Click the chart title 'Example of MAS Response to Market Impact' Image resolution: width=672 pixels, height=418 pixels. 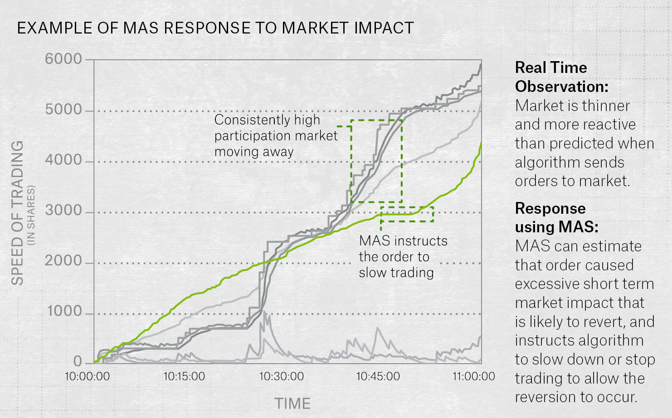215,28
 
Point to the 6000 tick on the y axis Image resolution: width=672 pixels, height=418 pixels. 63,59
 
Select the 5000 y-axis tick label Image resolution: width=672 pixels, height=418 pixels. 63,110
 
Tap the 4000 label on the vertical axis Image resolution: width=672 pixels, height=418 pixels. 63,160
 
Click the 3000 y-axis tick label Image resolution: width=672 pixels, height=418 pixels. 63,211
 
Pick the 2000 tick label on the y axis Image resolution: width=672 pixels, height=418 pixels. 63,261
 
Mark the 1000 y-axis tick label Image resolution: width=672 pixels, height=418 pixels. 64,312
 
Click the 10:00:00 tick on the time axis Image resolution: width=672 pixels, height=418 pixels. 88,376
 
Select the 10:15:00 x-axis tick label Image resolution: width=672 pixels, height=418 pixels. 184,376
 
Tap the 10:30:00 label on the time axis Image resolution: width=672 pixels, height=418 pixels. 281,376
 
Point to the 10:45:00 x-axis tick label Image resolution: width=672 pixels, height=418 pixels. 378,376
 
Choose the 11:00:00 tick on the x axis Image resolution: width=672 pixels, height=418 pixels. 474,376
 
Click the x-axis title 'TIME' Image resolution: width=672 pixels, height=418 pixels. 292,404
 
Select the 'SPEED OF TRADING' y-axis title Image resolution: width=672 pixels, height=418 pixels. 17,213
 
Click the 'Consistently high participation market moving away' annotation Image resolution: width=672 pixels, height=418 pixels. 276,135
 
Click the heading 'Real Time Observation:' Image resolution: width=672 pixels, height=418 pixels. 561,77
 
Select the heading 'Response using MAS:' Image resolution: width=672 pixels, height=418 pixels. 556,217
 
